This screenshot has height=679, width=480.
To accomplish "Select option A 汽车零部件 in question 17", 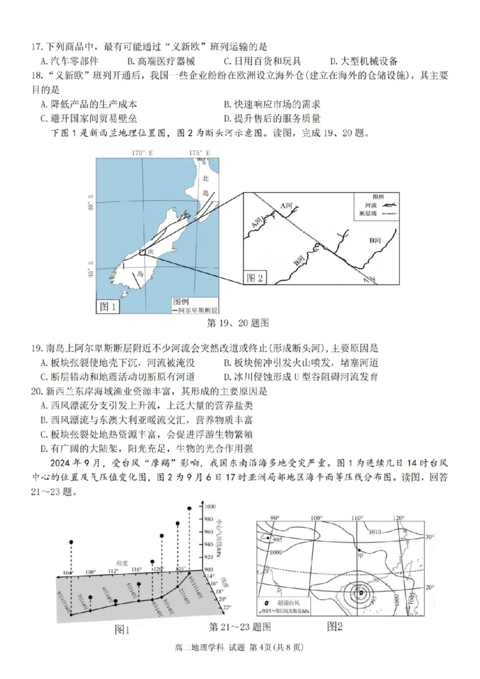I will click(70, 61).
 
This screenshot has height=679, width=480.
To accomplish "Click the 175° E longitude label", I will click(199, 154).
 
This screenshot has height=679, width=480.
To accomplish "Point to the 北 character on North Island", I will click(206, 178).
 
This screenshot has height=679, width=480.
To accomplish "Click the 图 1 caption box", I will click(108, 307).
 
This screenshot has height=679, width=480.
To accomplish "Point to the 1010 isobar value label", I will click(375, 531).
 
